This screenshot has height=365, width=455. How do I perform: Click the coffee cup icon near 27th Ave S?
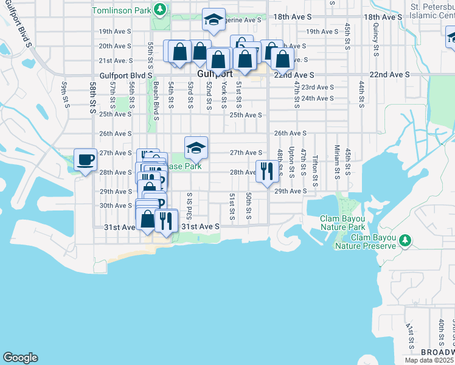tap(85, 160)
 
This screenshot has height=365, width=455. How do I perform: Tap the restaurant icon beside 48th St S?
tap(267, 171)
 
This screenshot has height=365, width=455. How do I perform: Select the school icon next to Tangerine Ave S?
tap(214, 20)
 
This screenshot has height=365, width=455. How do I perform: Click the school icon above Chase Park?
tap(196, 148)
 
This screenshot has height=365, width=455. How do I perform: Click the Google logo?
tap(20, 358)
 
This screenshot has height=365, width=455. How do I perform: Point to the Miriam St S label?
tap(336, 159)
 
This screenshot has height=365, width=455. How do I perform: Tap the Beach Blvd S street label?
tap(156, 101)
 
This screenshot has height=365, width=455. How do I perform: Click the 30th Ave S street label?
tap(116, 206)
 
